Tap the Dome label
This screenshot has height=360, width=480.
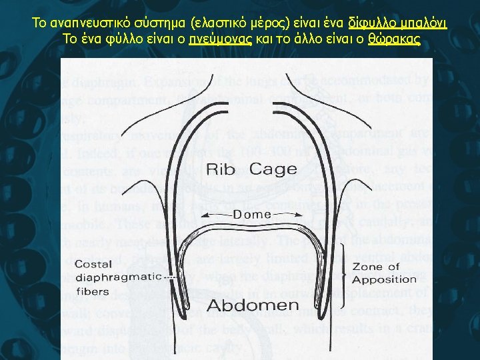tap(252, 215)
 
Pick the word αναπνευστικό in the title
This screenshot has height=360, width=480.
tap(85, 24)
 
